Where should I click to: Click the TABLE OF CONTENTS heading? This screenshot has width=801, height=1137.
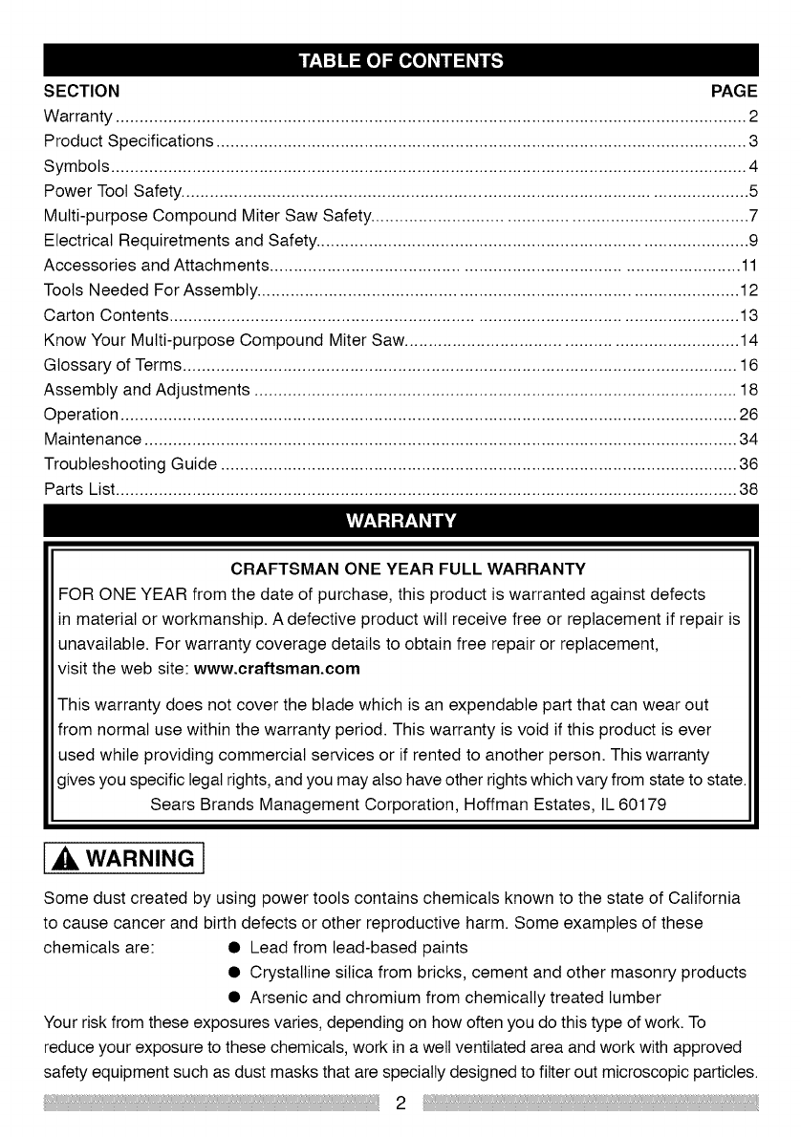click(x=400, y=63)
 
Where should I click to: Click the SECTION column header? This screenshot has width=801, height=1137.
click(x=82, y=92)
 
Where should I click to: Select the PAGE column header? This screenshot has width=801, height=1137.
click(x=734, y=92)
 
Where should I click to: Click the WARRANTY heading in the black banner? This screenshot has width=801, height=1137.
click(x=400, y=521)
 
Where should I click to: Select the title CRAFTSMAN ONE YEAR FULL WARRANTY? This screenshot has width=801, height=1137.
click(x=401, y=570)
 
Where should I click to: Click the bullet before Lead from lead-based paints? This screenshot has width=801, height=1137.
click(x=233, y=949)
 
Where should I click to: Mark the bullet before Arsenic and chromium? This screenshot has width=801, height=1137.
click(x=233, y=998)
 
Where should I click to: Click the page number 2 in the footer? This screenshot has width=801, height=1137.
click(x=401, y=1104)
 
